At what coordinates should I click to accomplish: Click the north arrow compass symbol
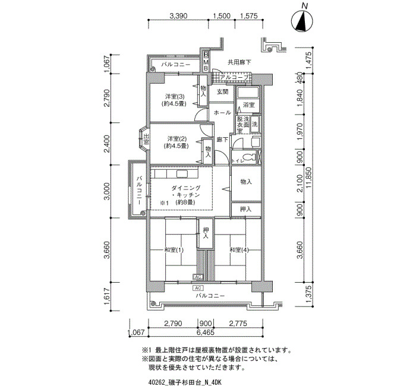coord(302,20)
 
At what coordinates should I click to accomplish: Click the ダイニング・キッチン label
coord(185,192)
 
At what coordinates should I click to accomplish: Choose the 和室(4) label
coord(239,250)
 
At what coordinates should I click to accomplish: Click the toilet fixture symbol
coord(247,157)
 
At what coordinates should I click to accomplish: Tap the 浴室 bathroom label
coord(249,105)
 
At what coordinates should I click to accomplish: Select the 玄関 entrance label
coord(222,91)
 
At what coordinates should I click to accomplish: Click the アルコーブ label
coord(234,77)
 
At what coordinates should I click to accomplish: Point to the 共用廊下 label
coord(239,62)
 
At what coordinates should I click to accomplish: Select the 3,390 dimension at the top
coord(178,15)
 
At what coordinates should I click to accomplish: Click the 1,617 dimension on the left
coord(107,296)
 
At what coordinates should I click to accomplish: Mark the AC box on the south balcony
coord(198,288)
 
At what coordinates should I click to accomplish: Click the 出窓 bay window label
coord(146,139)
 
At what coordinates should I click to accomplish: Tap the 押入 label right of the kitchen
coord(245,209)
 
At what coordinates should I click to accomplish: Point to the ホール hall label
coord(222,113)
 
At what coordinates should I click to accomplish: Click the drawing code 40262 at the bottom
coord(155,382)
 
